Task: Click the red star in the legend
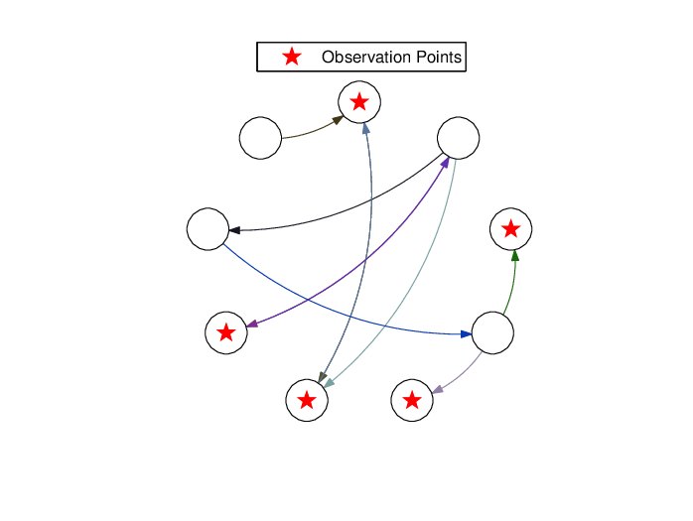click(292, 57)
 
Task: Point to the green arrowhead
click(515, 256)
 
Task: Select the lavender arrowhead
click(438, 389)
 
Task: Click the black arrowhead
click(234, 230)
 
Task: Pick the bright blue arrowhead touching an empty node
click(467, 334)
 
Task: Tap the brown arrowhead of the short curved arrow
click(339, 120)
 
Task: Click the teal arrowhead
click(330, 383)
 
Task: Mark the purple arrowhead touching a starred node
click(251, 324)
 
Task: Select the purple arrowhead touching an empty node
click(445, 162)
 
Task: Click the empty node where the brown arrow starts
click(260, 138)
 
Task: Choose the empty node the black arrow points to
click(208, 229)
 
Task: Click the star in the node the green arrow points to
click(511, 229)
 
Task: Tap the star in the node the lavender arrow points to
click(412, 400)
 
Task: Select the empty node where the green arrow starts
click(492, 332)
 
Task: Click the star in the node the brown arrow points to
click(359, 102)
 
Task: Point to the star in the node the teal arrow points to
click(307, 400)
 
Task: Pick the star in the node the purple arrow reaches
click(226, 332)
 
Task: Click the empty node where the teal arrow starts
click(459, 138)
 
